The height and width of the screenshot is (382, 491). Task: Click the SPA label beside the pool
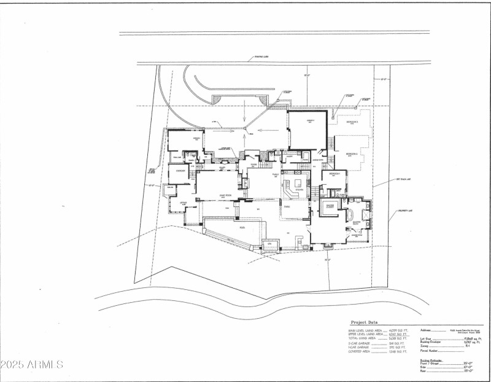tap(268, 245)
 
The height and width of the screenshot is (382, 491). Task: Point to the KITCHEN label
tap(299, 190)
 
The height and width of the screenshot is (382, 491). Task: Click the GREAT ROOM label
tap(225, 196)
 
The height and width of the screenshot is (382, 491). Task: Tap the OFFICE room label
tap(183, 202)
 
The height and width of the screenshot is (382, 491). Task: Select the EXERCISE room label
tap(180, 171)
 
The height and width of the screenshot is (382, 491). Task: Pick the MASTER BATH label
tap(355, 216)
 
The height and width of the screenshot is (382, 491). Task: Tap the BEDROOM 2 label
tap(352, 154)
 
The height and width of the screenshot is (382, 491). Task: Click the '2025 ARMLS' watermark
tap(31, 364)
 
